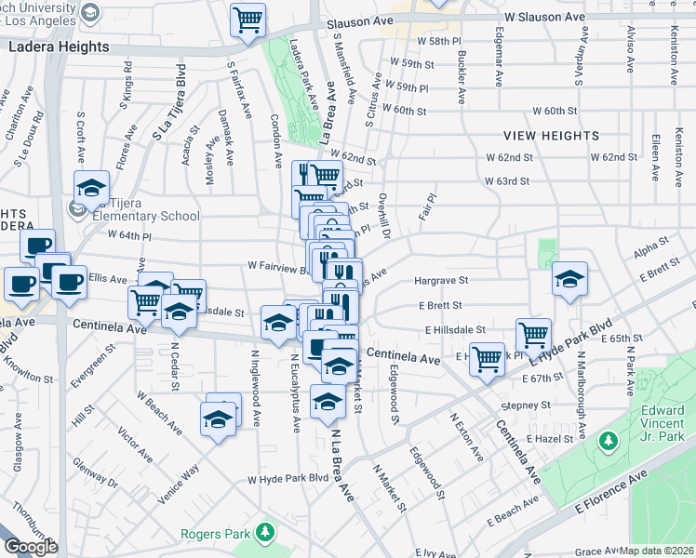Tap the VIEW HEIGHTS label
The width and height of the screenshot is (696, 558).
click(x=553, y=136)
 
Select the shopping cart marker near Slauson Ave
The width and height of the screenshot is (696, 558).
click(x=248, y=20)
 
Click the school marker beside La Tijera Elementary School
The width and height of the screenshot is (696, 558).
click(x=92, y=189)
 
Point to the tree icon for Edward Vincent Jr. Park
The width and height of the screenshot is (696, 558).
click(x=610, y=438)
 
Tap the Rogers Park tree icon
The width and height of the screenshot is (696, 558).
click(x=267, y=532)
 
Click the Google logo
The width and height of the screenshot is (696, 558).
click(x=31, y=547)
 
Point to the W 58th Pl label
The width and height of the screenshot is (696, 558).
click(x=439, y=43)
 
